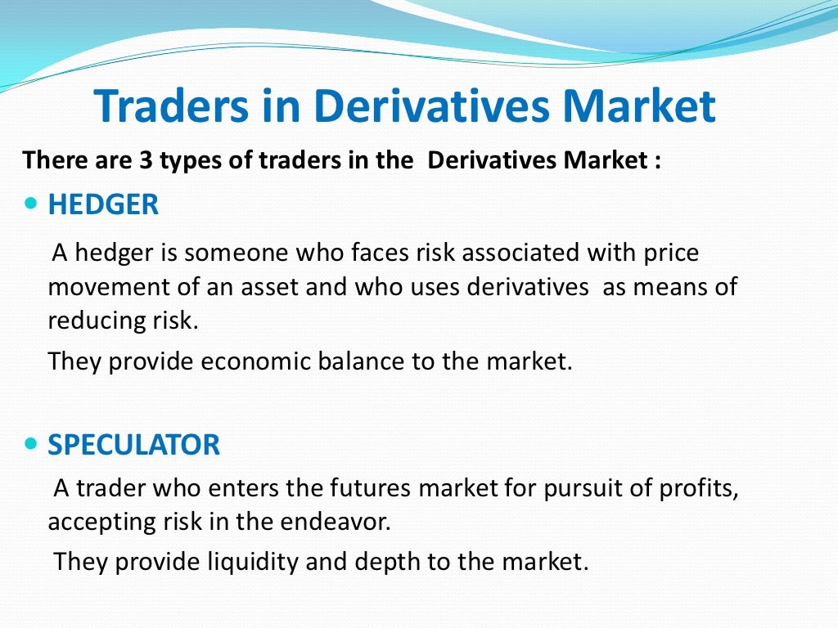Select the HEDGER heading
click(x=103, y=204)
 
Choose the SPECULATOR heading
click(x=133, y=445)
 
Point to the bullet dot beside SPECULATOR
click(x=32, y=444)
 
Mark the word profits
click(x=700, y=488)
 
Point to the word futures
click(x=373, y=488)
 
